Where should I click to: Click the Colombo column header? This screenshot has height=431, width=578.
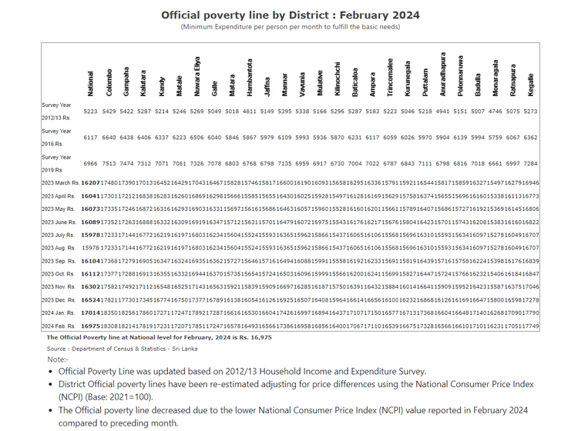[x=109, y=83]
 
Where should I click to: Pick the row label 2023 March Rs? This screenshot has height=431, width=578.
[x=61, y=183]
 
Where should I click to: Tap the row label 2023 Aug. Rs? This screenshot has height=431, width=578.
[x=59, y=249]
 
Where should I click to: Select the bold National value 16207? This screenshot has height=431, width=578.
[x=91, y=183]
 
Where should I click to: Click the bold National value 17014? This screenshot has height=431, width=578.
[x=91, y=314]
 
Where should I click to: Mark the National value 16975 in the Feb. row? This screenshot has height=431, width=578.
[x=91, y=327]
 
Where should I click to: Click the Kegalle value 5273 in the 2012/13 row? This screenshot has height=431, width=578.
[x=530, y=112]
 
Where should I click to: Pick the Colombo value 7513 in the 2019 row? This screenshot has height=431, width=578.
[x=109, y=164]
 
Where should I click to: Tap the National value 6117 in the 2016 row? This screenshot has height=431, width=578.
[x=91, y=138]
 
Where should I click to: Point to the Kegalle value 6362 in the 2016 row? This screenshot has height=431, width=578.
[x=530, y=138]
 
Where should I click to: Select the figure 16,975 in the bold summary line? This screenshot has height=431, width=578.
[x=258, y=337]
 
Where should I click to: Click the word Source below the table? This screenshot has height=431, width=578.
[x=56, y=349]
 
